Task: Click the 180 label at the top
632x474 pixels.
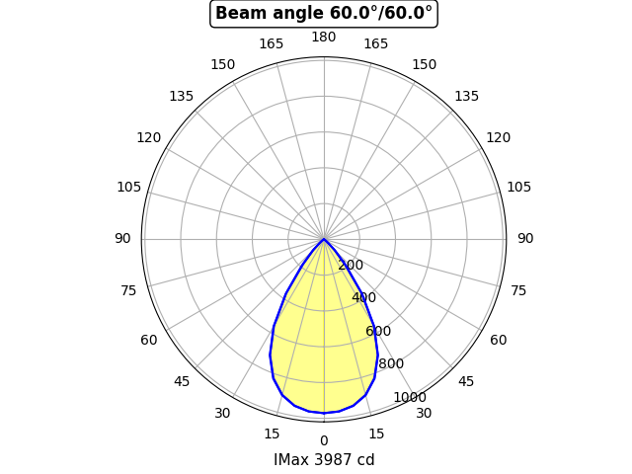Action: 324,38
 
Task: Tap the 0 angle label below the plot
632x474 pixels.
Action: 324,440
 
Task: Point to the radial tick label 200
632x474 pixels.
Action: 351,265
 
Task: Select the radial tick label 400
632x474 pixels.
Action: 363,297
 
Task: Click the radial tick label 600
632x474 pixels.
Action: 377,331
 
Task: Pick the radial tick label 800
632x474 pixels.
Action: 391,363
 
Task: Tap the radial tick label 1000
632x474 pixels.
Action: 409,397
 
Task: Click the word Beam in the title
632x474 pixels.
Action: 235,13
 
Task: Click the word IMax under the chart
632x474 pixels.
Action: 291,460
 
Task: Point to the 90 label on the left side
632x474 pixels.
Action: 122,239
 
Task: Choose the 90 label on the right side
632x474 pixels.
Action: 525,239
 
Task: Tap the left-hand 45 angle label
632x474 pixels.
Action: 182,381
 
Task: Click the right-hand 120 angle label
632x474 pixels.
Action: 499,138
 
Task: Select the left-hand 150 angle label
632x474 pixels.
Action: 223,65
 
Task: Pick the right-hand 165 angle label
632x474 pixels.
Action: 376,44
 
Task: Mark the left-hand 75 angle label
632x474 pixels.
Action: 129,290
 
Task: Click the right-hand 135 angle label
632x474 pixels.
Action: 467,97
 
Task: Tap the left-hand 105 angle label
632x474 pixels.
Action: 129,187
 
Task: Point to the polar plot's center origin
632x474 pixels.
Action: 324,239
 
